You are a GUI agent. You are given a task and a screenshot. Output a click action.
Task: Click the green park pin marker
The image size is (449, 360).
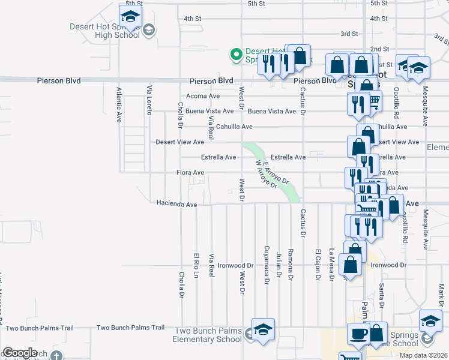click(x=237, y=55)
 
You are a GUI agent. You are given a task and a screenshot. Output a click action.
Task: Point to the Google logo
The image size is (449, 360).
click(x=19, y=353)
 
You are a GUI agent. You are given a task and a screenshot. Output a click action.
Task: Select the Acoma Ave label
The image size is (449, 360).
click(x=203, y=96)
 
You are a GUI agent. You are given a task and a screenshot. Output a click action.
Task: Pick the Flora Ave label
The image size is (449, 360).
click(x=190, y=173)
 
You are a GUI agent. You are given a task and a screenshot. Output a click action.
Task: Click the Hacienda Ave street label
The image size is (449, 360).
click(x=176, y=205)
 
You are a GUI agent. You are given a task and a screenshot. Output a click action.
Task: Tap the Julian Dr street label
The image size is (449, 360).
click(x=279, y=265)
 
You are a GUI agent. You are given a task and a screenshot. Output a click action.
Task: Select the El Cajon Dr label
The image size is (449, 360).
click(x=318, y=264)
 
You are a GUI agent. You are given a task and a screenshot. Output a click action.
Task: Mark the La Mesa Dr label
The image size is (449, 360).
click(x=331, y=265)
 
